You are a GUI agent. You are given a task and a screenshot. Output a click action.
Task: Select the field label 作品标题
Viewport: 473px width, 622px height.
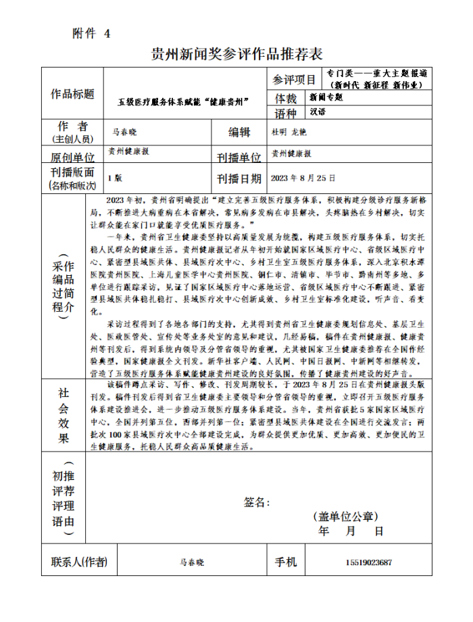pyautogui.click(x=72, y=94)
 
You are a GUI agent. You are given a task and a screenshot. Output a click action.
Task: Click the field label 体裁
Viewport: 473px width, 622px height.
pyautogui.click(x=286, y=99)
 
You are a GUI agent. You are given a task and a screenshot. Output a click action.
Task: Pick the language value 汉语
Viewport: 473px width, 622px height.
pyautogui.click(x=318, y=112)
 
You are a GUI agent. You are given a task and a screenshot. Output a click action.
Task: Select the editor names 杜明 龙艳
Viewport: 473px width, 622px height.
pyautogui.click(x=289, y=131)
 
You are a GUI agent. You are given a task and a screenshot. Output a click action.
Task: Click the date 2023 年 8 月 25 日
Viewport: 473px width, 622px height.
pyautogui.click(x=303, y=178)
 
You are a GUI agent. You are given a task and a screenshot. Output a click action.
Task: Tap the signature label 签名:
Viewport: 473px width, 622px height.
pyautogui.click(x=257, y=502)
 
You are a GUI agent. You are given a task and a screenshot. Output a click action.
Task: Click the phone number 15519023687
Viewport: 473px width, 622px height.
pyautogui.click(x=368, y=563)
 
